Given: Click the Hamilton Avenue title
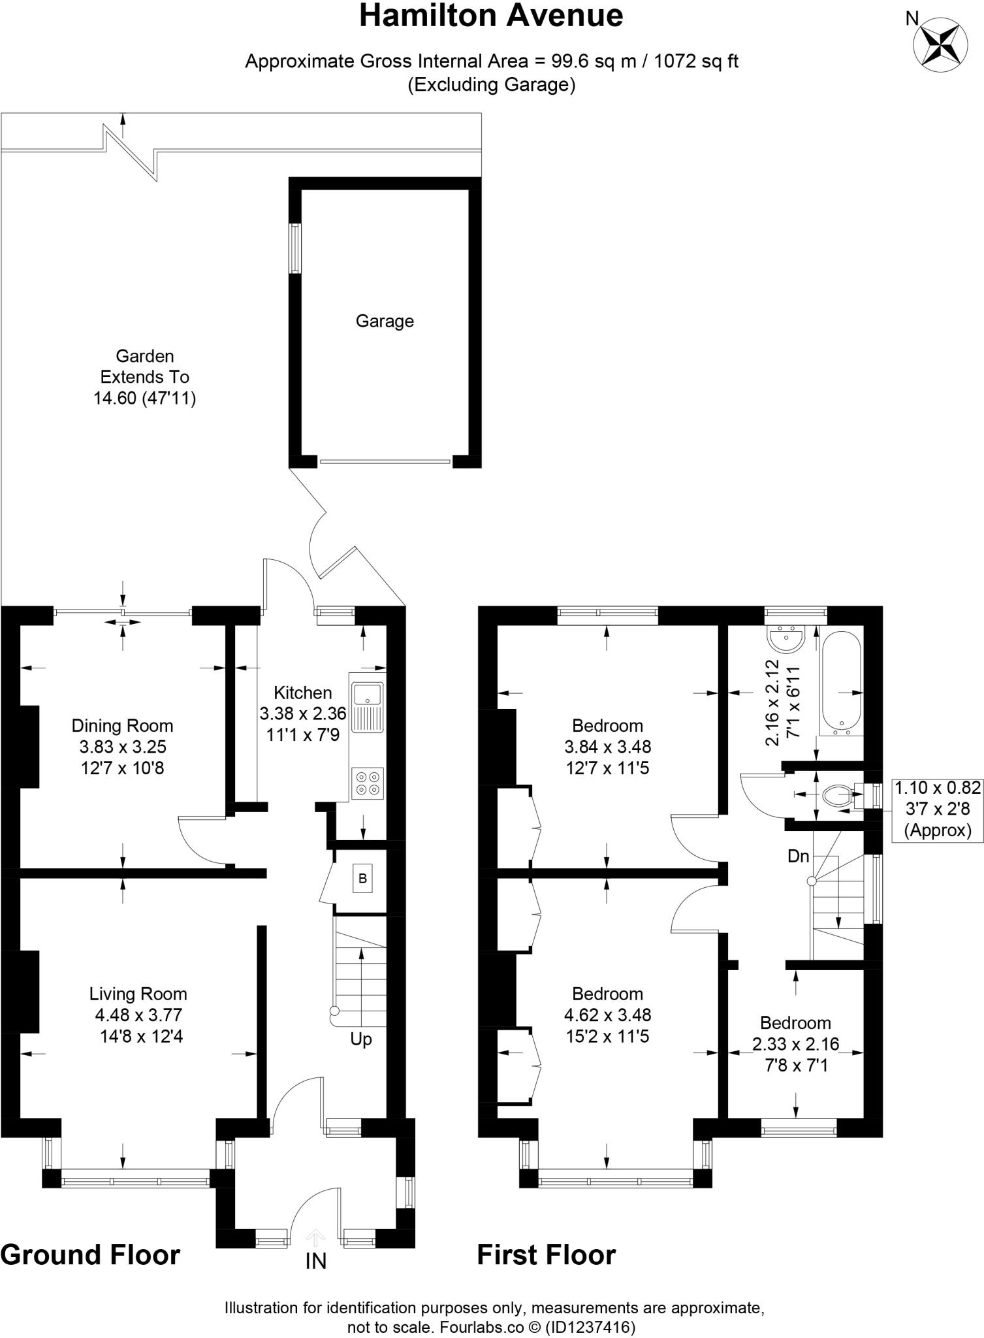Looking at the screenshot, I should tap(491, 16).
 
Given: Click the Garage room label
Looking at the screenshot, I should tap(385, 321).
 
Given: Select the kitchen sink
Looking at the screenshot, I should tap(368, 707).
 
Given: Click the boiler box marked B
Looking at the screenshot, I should tap(362, 879).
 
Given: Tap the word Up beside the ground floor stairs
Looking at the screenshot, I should tap(360, 1039).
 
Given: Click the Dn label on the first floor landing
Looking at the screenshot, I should tap(798, 856).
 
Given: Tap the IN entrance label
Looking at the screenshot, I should tap(315, 1261).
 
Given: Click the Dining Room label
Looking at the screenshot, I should tap(122, 725).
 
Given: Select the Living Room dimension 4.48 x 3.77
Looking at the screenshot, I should tap(138, 1015).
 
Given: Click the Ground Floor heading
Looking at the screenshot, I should tap(90, 1255).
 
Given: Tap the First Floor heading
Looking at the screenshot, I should tap(546, 1255).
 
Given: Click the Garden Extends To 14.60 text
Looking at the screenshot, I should tap(144, 377).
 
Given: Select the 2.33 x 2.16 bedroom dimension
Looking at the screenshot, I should tap(795, 1044).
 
